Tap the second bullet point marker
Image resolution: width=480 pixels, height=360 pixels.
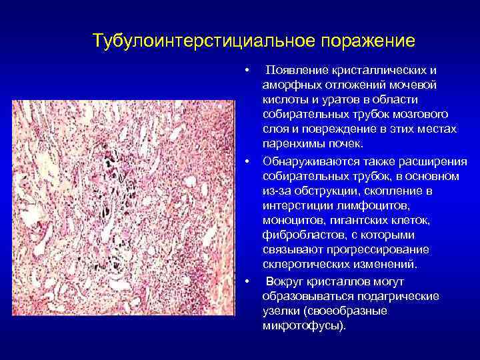click(247, 162)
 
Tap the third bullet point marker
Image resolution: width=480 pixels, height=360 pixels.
click(247, 281)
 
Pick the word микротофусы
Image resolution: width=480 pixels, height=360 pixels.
click(301, 327)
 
